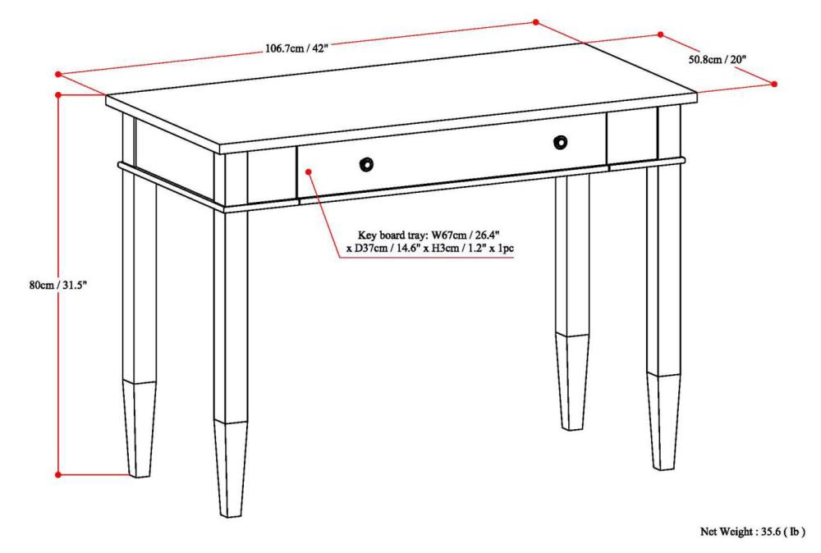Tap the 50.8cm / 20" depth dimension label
[717, 59]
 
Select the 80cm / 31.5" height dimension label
[58, 285]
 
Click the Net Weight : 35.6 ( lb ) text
[752, 532]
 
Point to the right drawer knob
[560, 143]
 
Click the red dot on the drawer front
[308, 171]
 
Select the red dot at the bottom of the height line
[57, 474]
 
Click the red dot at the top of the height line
[57, 95]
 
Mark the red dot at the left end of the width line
[59, 74]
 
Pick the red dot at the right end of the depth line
[775, 84]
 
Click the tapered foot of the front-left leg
[231, 468]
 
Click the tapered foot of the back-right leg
[572, 382]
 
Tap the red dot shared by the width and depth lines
[535, 22]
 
